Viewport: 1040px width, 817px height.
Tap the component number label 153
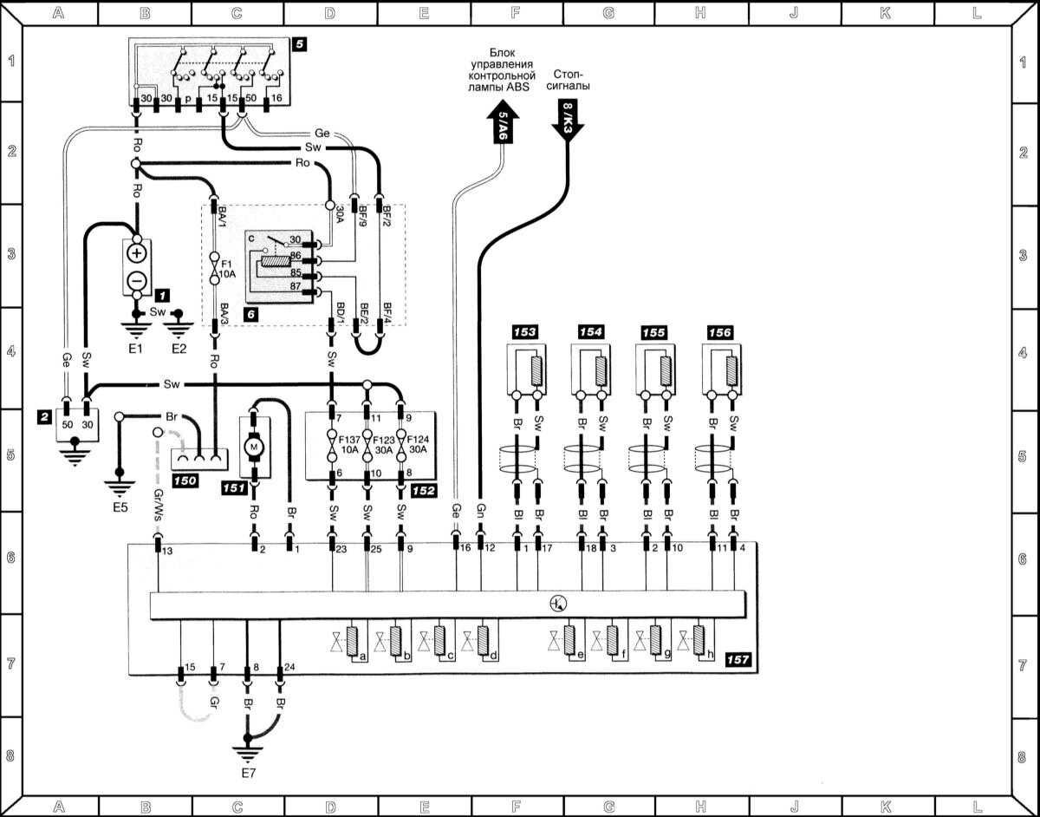point(524,332)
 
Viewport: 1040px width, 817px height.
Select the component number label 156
point(719,332)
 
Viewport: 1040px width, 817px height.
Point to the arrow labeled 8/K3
point(568,117)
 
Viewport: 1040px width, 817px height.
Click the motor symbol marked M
point(255,446)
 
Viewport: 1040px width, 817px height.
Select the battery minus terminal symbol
point(137,280)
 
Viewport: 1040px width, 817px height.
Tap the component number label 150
point(186,480)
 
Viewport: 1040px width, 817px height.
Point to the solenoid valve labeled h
point(703,643)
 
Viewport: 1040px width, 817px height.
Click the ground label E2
point(179,349)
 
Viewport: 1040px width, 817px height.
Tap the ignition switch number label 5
point(299,43)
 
